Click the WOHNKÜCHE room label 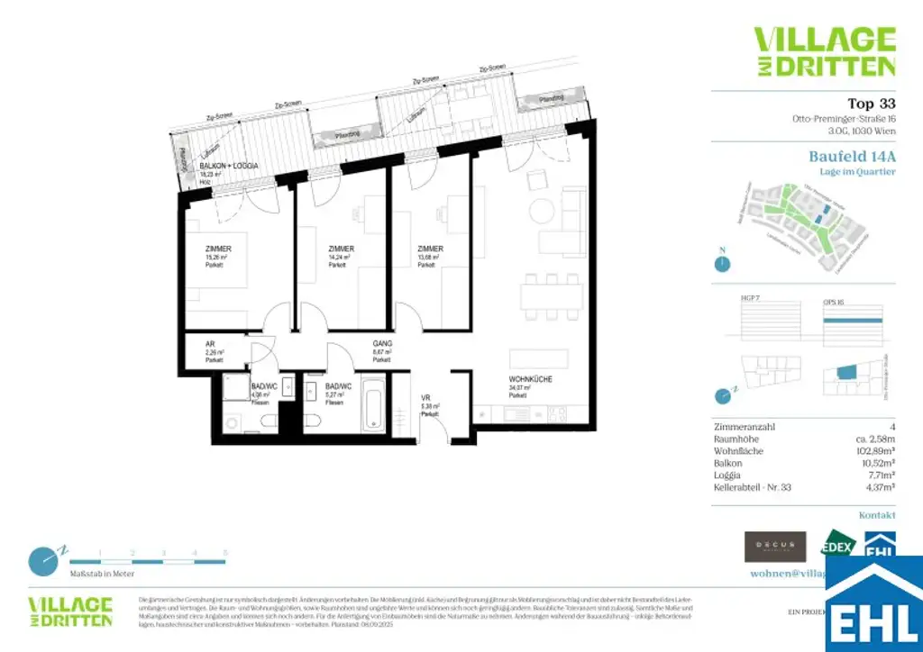coord(530,380)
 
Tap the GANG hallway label coord(382,343)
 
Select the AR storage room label coord(210,344)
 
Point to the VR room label coord(426,397)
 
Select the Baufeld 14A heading coord(852,156)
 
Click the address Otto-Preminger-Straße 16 coord(838,119)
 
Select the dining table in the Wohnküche coord(549,297)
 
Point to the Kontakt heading coord(877,515)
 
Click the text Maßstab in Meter coord(102,573)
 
